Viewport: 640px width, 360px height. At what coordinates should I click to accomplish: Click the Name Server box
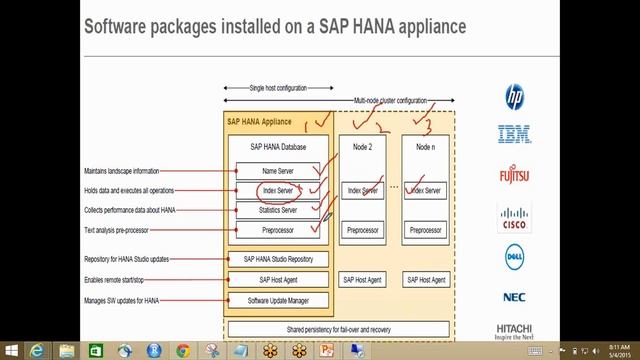pos(277,171)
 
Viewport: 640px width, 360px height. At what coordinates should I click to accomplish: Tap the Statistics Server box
pos(277,210)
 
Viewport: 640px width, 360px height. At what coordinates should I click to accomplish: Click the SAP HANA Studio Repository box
pos(277,259)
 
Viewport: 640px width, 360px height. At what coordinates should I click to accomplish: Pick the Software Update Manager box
pos(277,300)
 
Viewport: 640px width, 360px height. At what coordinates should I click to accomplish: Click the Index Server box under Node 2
pos(362,190)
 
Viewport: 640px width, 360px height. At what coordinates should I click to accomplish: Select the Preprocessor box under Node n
pos(425,230)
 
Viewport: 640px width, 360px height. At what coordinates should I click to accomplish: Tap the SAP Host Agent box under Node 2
pos(362,280)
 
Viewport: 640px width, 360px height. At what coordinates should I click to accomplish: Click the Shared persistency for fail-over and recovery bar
pos(338,328)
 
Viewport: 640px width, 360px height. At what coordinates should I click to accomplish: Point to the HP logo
pos(514,97)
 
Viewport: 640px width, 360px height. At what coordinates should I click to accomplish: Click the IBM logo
pos(514,134)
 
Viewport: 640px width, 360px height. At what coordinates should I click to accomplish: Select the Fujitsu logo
pos(514,176)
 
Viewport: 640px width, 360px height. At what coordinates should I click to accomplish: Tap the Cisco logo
pos(514,218)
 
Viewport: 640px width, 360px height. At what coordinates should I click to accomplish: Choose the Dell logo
pos(515,257)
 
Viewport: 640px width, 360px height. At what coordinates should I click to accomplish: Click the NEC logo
pos(514,297)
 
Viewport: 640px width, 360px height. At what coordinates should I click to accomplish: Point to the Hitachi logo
pos(514,330)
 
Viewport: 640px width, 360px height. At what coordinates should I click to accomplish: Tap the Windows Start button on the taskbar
pos(11,350)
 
